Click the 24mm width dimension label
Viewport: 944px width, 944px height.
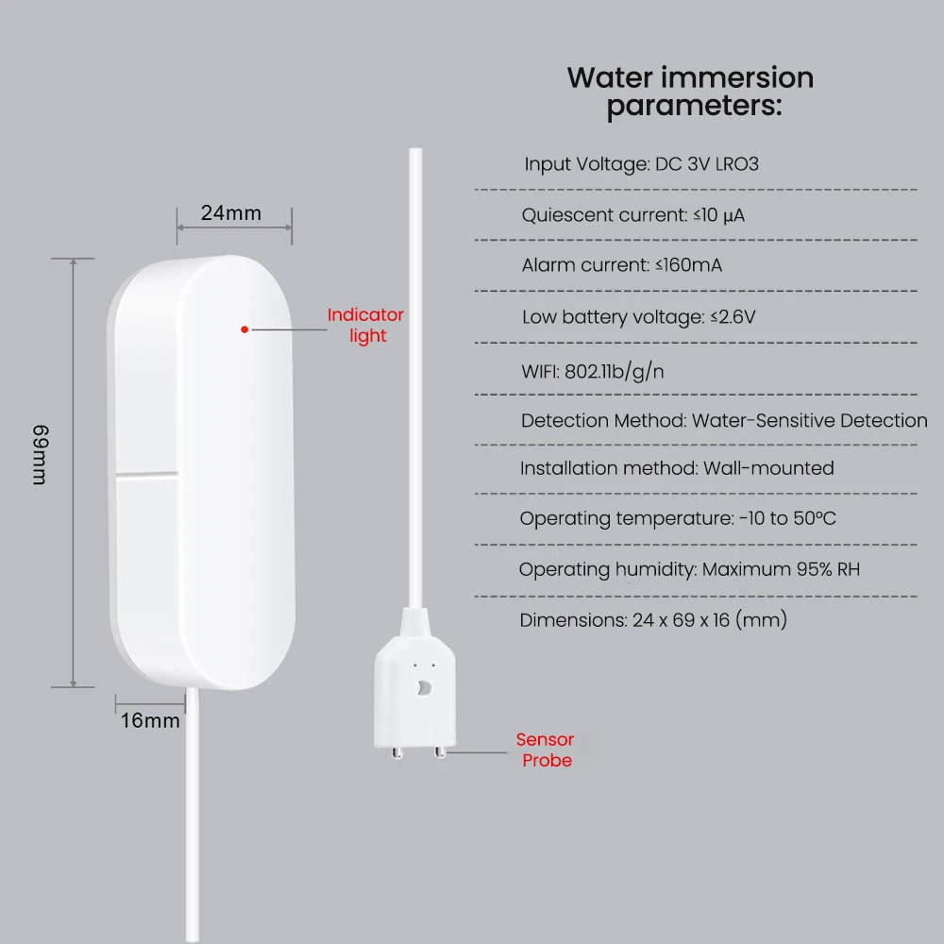point(231,213)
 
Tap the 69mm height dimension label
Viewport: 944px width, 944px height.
point(39,455)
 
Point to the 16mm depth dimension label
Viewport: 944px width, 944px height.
point(150,721)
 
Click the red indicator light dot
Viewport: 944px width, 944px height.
point(244,329)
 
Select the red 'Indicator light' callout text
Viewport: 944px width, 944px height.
point(365,325)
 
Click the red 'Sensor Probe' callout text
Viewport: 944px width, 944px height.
point(546,750)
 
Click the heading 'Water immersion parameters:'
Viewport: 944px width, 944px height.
point(691,92)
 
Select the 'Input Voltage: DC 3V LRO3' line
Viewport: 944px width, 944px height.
point(642,164)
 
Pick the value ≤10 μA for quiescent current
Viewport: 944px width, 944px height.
point(719,215)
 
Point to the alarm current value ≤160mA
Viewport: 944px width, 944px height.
point(689,265)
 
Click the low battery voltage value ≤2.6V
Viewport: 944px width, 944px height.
point(733,317)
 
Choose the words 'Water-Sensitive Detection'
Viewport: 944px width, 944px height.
point(810,421)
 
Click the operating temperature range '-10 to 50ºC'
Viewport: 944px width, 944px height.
point(787,518)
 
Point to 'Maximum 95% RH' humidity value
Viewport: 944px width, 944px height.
point(781,569)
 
